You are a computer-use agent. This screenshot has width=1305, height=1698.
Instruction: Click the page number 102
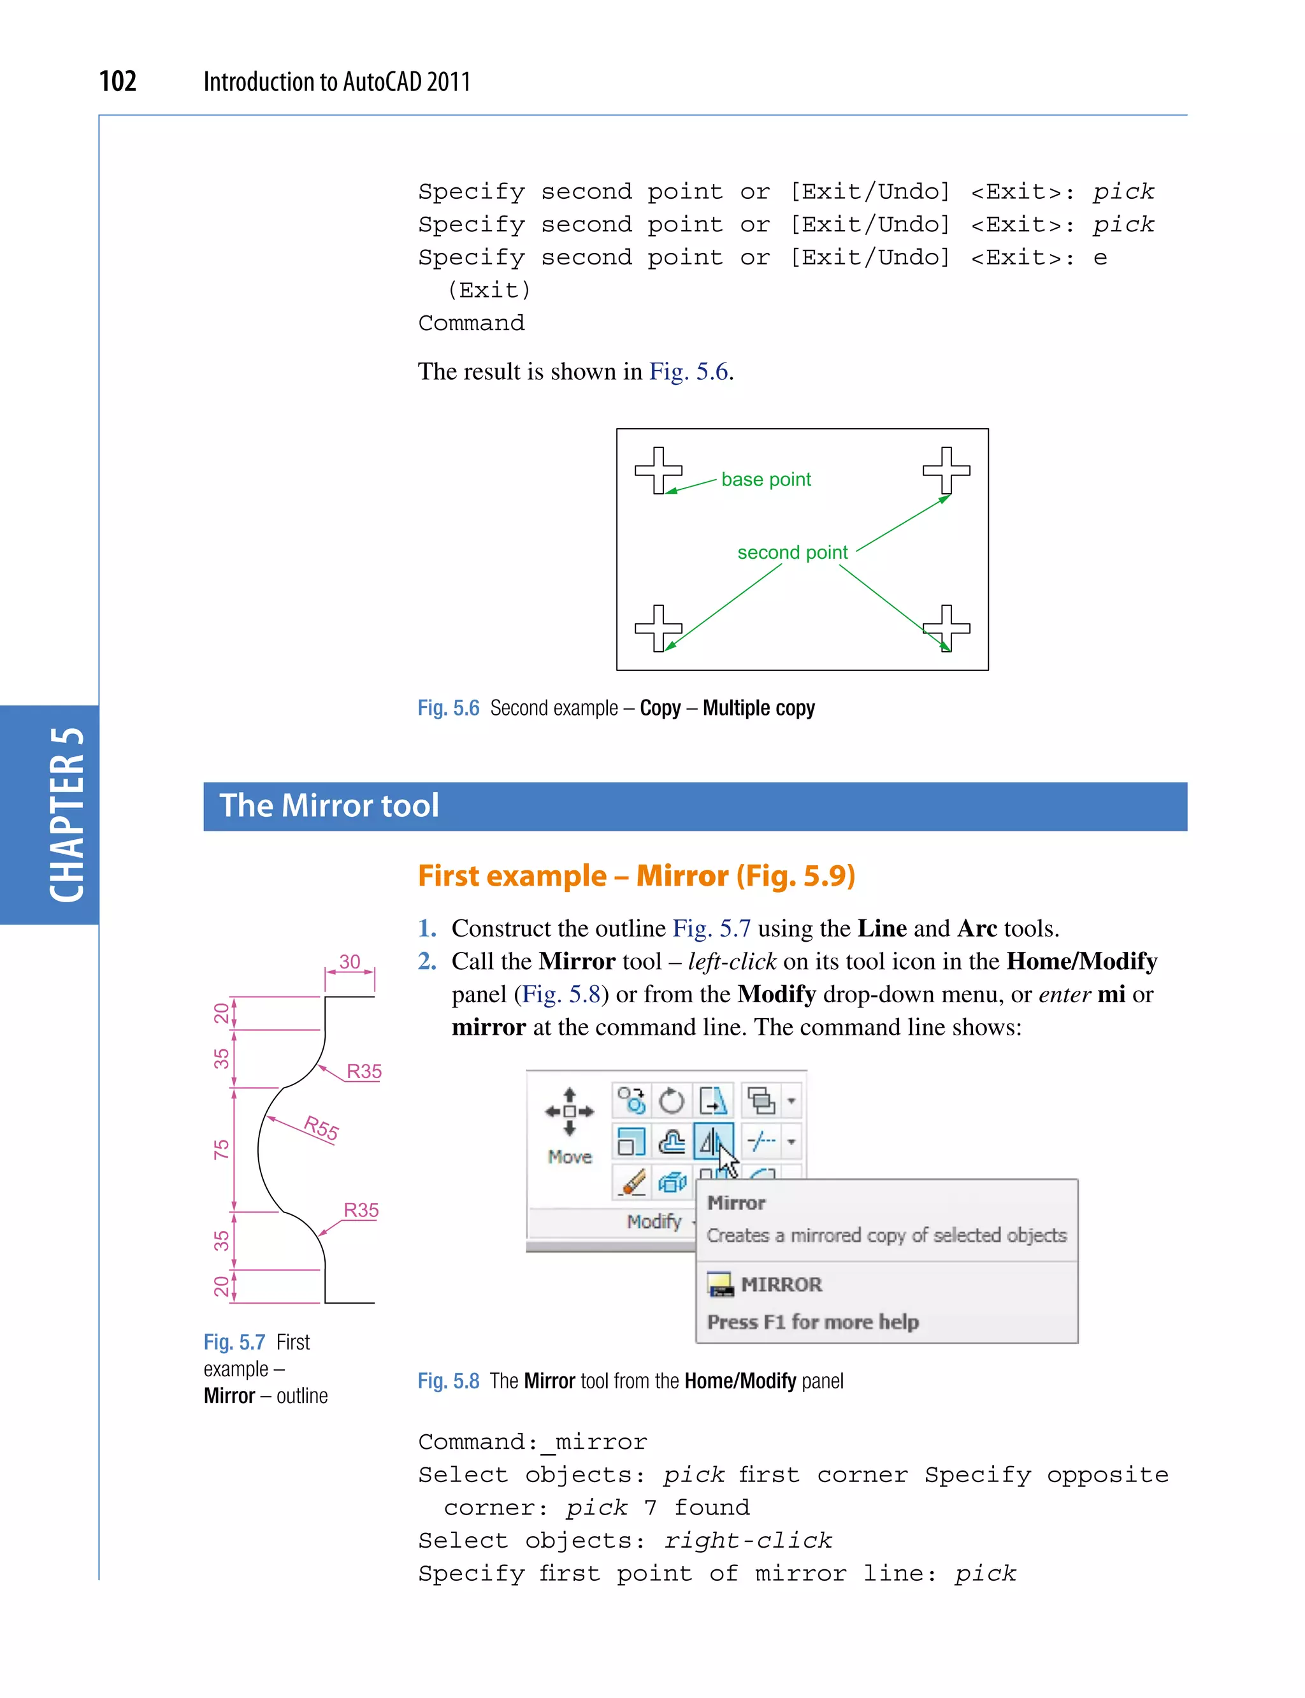[117, 81]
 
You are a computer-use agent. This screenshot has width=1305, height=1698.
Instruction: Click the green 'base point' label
[765, 479]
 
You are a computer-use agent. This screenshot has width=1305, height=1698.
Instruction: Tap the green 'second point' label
[791, 552]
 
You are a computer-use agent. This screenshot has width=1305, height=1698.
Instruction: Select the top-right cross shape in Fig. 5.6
[946, 470]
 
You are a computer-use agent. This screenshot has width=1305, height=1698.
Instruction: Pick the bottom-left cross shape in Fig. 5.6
[658, 628]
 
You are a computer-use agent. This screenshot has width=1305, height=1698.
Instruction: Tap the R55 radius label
[321, 1127]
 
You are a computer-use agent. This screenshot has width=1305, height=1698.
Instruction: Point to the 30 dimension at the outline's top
[350, 961]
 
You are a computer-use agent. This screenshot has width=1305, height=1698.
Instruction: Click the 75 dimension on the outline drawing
[221, 1149]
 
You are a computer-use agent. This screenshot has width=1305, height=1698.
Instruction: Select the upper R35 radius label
[364, 1071]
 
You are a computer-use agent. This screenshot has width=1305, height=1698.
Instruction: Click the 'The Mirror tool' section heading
[329, 805]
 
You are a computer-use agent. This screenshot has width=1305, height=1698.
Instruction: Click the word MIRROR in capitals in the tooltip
[781, 1284]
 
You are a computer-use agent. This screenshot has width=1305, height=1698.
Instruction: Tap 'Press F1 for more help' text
[812, 1321]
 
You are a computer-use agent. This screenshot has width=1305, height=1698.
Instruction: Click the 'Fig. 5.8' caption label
[448, 1381]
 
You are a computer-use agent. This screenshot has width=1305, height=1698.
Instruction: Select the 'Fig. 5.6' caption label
[448, 708]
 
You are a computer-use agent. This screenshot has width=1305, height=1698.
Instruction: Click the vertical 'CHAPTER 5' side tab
[66, 814]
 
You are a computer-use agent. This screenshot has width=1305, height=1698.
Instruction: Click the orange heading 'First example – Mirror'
[636, 875]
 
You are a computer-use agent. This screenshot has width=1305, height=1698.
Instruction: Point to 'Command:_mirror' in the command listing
[532, 1442]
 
